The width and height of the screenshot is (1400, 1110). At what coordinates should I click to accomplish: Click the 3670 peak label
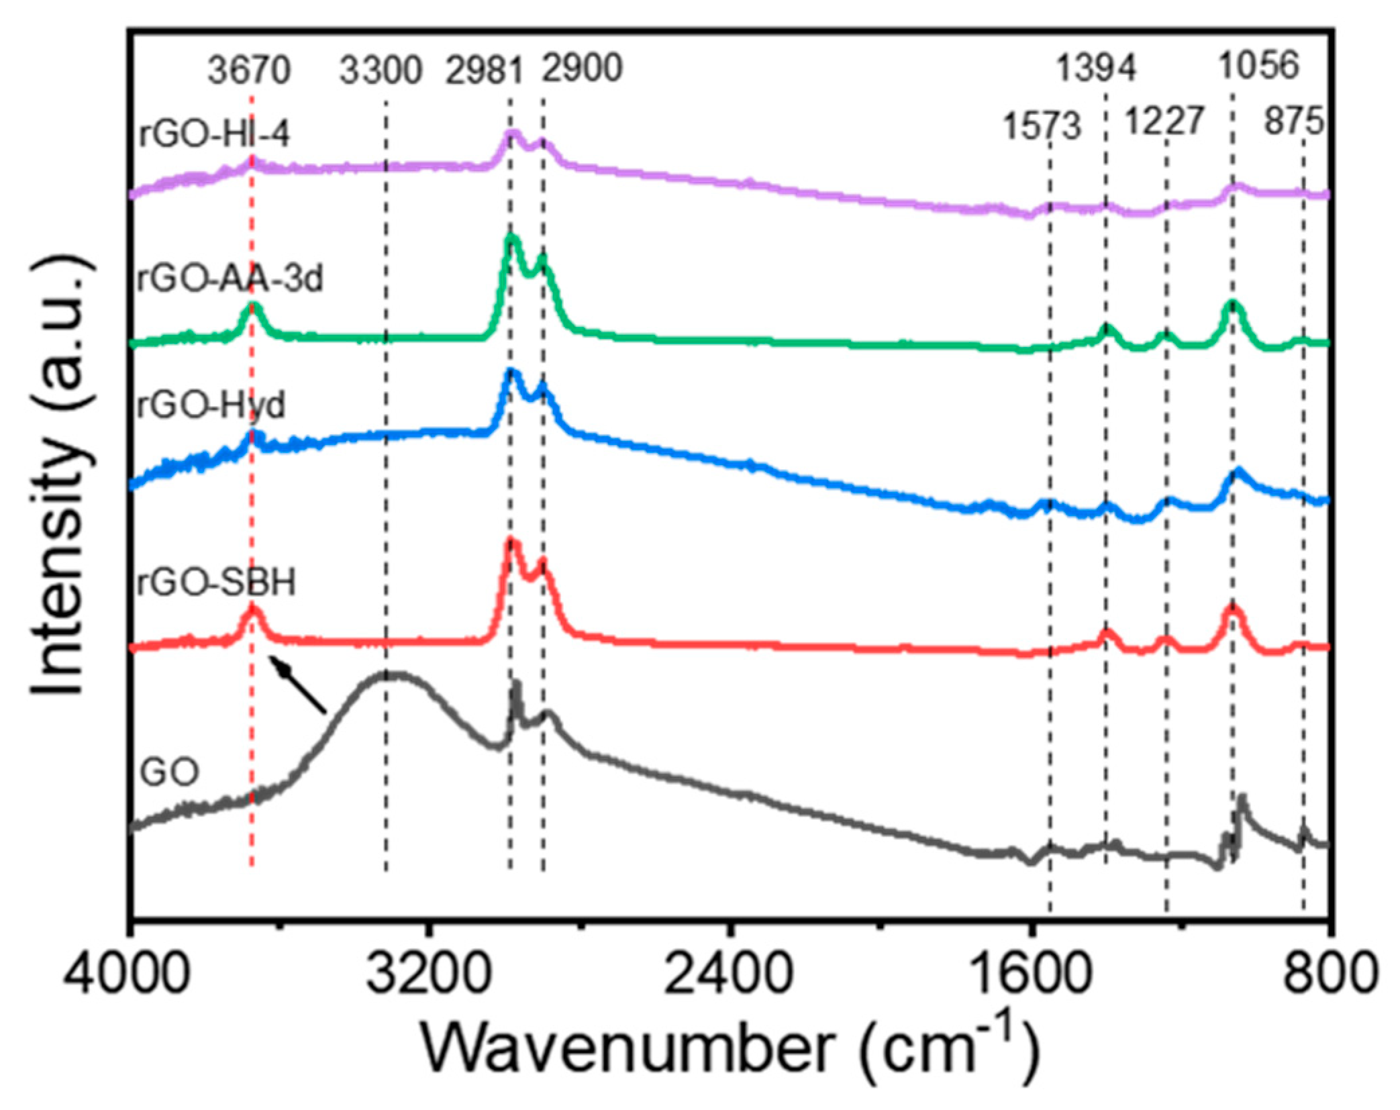(248, 70)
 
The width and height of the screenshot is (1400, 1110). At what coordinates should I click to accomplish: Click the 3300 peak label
(381, 70)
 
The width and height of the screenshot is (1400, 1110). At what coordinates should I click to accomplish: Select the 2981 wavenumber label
(484, 70)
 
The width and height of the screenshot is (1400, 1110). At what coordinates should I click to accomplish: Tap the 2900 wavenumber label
(583, 68)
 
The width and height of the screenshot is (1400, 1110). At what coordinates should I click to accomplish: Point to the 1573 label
(1042, 126)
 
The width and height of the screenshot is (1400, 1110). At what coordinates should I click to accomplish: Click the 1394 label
(1097, 68)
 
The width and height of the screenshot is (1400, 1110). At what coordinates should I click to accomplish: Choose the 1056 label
(1259, 66)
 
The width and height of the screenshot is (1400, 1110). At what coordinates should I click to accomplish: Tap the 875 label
(1294, 122)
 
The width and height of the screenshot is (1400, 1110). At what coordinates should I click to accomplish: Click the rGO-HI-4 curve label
(214, 134)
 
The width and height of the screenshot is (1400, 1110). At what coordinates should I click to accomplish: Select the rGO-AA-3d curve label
(230, 279)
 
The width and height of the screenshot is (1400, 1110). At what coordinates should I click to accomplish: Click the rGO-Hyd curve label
(211, 405)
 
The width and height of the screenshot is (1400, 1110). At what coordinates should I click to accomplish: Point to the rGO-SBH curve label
(216, 582)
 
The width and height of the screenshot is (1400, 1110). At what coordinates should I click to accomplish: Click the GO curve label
(169, 772)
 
